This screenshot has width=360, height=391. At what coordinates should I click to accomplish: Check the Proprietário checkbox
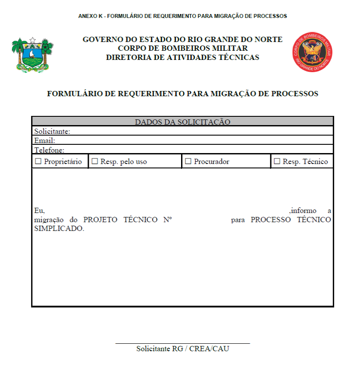(x=38, y=161)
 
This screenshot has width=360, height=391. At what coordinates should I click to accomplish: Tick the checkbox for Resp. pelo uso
(x=94, y=161)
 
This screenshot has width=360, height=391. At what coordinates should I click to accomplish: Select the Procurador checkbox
(x=188, y=161)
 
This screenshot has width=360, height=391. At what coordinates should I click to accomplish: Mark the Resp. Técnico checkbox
(x=277, y=161)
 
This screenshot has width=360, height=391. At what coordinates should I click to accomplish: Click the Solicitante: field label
(x=52, y=131)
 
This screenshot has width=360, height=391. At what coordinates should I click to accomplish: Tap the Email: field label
(x=45, y=140)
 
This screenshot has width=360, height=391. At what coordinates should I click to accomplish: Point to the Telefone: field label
(x=49, y=150)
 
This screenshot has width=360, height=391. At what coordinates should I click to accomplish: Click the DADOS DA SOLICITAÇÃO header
(x=182, y=122)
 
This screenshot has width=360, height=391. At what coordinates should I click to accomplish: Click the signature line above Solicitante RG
(x=182, y=344)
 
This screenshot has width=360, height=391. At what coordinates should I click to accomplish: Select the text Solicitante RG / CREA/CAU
(x=182, y=349)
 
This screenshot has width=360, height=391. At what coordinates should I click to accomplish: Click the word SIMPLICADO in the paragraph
(x=59, y=229)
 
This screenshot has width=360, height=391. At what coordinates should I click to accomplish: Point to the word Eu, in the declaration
(x=39, y=210)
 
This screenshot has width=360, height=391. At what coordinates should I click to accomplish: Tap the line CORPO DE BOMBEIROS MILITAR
(x=182, y=48)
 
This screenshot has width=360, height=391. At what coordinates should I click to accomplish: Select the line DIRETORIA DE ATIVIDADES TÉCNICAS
(x=182, y=57)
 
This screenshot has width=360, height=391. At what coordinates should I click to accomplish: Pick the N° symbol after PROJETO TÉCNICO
(x=168, y=220)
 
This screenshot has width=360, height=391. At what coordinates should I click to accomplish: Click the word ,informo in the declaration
(x=303, y=210)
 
